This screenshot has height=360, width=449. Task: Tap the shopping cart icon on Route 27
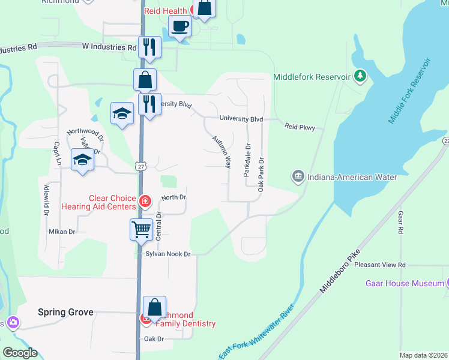tap(141, 229)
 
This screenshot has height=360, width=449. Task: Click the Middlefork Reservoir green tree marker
tap(360, 76)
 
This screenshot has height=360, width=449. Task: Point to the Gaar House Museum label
tap(406, 283)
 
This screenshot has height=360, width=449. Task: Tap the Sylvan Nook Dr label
tap(167, 254)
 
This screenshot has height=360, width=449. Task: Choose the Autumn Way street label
tap(221, 151)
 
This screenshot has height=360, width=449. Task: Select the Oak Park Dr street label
tap(261, 175)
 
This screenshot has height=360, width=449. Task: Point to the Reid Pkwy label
tap(300, 127)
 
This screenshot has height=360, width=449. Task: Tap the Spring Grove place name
tap(65, 312)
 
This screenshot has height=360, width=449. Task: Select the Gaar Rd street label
tap(400, 223)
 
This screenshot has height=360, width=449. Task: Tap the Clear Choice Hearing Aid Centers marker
tap(145, 201)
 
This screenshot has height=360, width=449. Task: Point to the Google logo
tap(20, 353)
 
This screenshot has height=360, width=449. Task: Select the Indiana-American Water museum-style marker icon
tap(298, 176)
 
